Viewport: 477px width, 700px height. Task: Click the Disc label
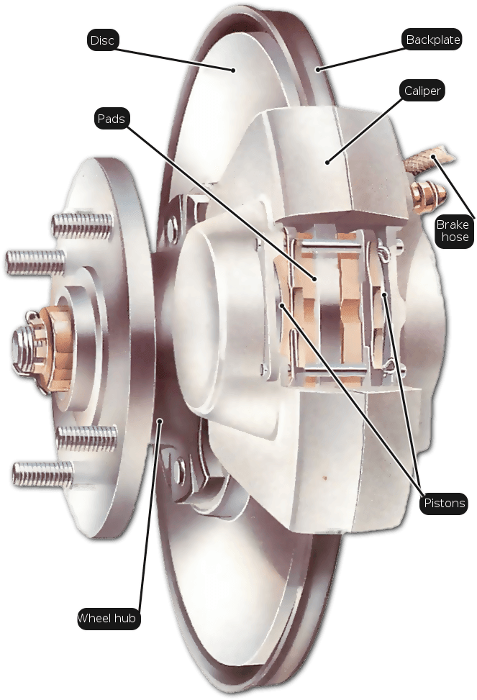point(102,40)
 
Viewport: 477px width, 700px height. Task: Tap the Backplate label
point(432,40)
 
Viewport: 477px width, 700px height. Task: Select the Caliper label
point(422,91)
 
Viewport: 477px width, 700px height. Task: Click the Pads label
point(112,119)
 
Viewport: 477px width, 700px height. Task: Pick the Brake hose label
point(455,230)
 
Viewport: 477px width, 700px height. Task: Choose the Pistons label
point(444,503)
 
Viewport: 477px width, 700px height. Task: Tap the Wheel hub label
point(106,618)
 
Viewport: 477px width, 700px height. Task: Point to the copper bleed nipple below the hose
point(427,196)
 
